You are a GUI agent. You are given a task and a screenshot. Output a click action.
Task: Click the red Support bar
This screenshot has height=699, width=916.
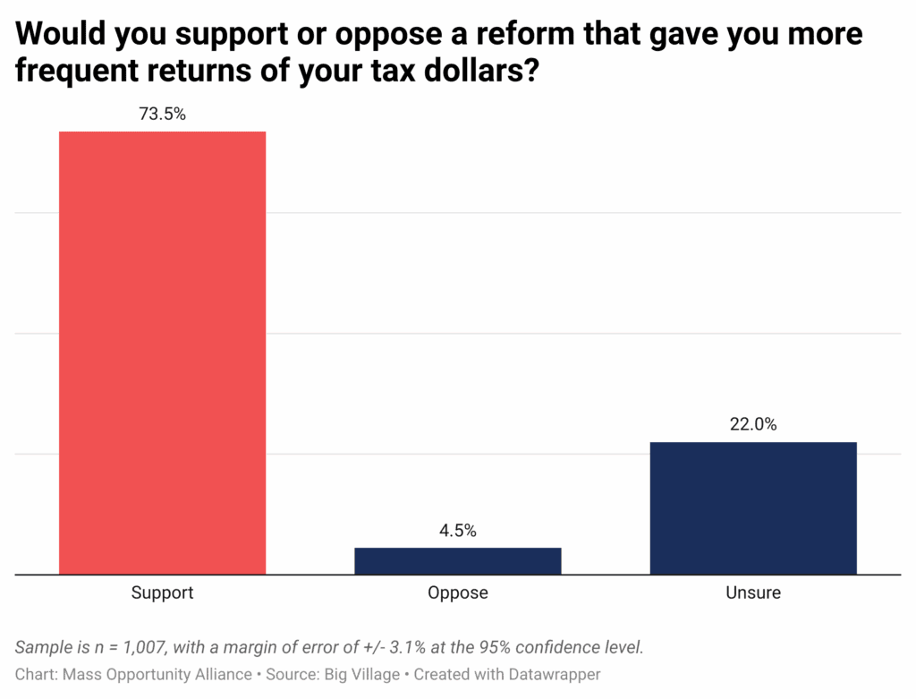(162, 353)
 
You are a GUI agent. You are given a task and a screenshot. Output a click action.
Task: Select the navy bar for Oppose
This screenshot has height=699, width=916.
(457, 561)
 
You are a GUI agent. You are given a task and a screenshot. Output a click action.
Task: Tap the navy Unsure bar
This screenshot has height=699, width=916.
(753, 507)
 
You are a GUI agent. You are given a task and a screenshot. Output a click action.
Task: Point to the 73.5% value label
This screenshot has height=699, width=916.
(162, 114)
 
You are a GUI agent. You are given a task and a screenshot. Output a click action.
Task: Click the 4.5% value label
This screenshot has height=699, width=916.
(457, 531)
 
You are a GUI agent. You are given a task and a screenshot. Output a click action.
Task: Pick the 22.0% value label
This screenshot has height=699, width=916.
(753, 425)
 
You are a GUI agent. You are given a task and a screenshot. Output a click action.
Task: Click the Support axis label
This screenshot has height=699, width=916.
(162, 592)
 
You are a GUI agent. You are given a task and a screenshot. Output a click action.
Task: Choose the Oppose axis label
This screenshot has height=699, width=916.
(457, 592)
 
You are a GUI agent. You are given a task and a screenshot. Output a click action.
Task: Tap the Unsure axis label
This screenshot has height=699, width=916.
(753, 592)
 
